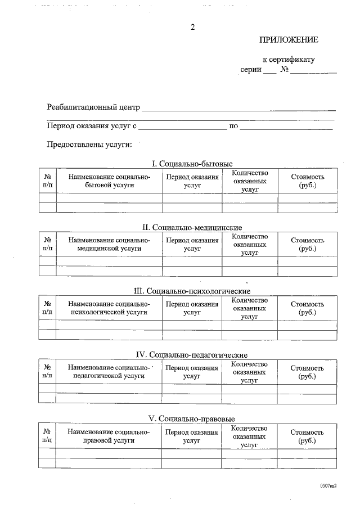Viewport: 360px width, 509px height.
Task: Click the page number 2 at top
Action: pos(192,28)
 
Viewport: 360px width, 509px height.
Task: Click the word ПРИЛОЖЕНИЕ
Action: pos(289,40)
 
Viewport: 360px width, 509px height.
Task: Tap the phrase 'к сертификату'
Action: pos(289,59)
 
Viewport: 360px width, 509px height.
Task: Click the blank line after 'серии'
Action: pos(270,72)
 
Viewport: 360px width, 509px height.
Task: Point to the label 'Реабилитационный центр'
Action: pos(93,107)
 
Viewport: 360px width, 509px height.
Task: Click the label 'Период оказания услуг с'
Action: pos(92,126)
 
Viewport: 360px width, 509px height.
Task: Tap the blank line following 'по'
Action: pos(286,128)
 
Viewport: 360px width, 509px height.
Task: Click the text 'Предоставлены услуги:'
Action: pos(89,145)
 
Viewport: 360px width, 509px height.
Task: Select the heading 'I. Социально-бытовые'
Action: pos(192,164)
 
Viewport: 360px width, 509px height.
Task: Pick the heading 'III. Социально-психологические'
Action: pos(192,291)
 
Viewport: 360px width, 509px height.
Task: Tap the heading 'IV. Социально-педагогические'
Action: pos(192,355)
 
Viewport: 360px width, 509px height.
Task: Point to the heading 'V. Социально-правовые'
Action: pos(192,419)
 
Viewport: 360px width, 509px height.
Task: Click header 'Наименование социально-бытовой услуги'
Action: pos(109,181)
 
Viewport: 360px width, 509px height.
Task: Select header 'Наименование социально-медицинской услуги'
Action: pos(109,244)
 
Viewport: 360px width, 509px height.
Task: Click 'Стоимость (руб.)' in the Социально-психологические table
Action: pos(307,308)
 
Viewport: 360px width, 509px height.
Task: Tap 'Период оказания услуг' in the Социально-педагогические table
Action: pos(192,372)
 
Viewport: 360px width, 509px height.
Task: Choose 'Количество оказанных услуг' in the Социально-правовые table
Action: pos(249,436)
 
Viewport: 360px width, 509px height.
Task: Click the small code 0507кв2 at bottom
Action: pos(328,485)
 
